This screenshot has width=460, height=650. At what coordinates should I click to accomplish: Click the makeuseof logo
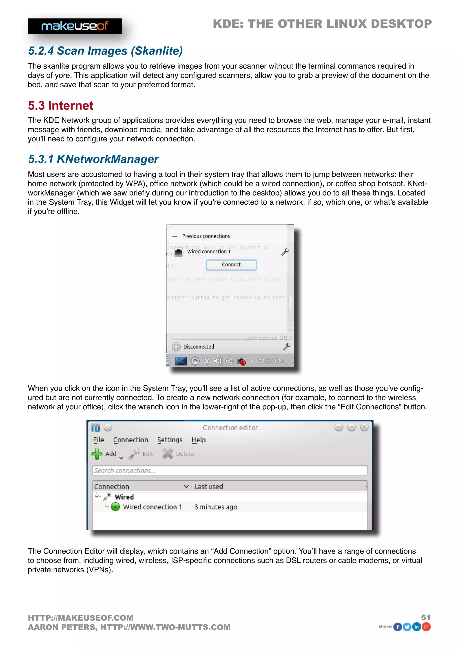75,26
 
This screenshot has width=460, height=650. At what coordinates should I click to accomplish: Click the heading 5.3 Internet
60,105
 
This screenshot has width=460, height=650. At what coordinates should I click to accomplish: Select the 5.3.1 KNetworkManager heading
93,159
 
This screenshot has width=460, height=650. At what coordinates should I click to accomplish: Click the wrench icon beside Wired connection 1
285,252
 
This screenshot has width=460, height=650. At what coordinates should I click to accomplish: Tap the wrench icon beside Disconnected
287,347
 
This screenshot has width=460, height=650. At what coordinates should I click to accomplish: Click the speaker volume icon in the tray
218,361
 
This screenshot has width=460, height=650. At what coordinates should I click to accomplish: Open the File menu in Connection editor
98,440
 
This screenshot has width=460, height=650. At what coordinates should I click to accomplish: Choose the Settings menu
170,440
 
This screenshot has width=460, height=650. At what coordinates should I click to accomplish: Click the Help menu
198,440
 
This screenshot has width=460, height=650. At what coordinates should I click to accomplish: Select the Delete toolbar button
178,454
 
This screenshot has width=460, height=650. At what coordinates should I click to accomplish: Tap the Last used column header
209,487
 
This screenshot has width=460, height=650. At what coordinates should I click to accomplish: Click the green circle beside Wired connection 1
115,507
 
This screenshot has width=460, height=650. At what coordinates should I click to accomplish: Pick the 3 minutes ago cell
216,507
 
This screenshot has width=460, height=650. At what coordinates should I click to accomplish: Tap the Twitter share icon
407,627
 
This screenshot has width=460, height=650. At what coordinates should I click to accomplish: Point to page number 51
426,617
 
